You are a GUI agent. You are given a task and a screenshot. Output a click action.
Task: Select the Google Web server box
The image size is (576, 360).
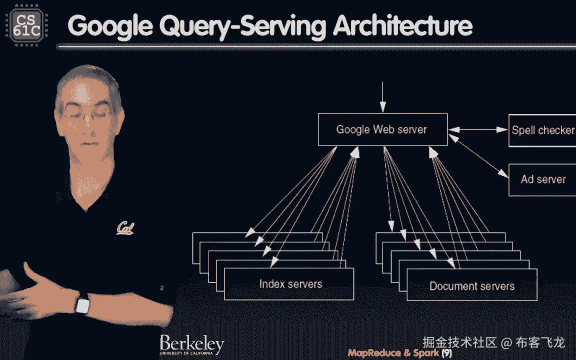382,130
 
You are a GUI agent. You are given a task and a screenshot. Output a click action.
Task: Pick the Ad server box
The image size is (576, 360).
542,179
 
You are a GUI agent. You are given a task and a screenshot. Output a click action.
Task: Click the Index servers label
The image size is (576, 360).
290,284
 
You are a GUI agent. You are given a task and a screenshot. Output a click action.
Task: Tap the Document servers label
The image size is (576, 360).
472,286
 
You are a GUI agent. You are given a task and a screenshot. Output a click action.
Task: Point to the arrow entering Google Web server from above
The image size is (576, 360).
382,97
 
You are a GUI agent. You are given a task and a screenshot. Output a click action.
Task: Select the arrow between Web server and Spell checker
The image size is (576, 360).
477,130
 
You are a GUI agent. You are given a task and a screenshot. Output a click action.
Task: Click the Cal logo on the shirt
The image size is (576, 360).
124,227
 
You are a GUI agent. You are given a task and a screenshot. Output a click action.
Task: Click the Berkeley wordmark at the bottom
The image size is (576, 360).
191,344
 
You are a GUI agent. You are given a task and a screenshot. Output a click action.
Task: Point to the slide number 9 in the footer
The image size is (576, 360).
446,353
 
